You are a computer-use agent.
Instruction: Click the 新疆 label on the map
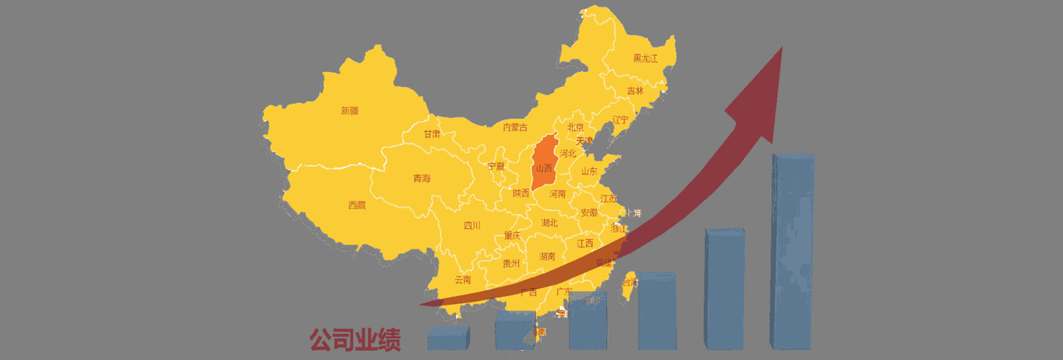coord(349,111)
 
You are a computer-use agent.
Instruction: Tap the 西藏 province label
coord(357,205)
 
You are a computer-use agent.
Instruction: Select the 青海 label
coord(421,179)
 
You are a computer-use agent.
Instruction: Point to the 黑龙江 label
coord(646,58)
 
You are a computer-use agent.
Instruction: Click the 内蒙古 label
coord(515,127)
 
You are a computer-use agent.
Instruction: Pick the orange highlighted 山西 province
coord(544,167)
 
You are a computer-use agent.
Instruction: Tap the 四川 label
coord(472,225)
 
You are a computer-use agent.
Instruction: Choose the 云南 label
coord(462,280)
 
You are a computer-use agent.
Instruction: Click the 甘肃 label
coord(432,134)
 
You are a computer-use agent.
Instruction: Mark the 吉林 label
coord(635,91)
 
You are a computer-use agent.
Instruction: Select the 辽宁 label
coord(621,120)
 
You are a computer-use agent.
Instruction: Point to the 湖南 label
coord(547,257)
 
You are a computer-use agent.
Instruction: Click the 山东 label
coord(589,171)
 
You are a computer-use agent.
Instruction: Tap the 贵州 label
coord(511,264)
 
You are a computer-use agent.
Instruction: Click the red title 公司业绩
coord(355,340)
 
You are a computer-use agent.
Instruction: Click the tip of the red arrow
coord(780,49)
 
